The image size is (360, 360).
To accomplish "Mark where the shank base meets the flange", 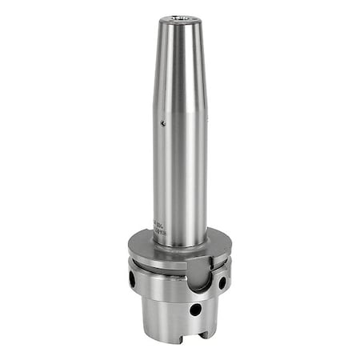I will tap(180, 245).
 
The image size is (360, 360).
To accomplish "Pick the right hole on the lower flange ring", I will tap(222, 282).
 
